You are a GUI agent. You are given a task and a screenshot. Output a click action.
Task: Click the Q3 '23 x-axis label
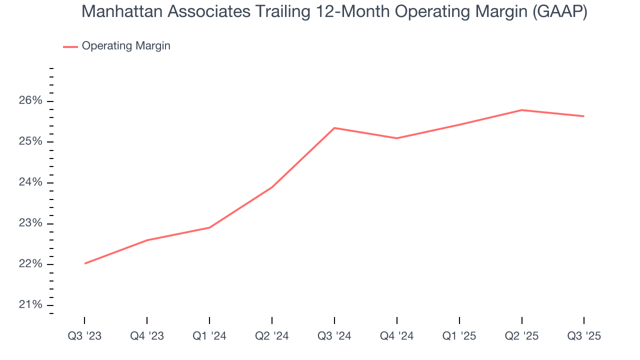point(84,336)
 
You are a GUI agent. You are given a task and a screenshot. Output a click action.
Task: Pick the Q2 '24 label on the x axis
point(272,336)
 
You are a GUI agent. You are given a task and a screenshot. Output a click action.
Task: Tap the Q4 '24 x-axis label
point(397,336)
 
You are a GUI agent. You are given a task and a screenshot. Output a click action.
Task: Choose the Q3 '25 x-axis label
point(584,336)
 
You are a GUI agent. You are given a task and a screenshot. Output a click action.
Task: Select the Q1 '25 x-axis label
point(459,336)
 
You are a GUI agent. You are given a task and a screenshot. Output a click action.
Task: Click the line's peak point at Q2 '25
point(521,110)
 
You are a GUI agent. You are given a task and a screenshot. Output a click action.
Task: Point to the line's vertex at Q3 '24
point(334,128)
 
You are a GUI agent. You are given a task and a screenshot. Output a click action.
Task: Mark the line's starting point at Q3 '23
point(85,263)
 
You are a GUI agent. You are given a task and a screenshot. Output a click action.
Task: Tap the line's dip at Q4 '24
point(397,138)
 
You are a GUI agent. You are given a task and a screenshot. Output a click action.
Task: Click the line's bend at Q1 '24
point(209,227)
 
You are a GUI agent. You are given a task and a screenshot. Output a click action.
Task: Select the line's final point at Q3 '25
point(583,116)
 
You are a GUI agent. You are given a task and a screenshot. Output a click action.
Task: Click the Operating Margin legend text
point(126,46)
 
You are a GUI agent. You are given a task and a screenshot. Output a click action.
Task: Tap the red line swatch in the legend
point(70,46)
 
